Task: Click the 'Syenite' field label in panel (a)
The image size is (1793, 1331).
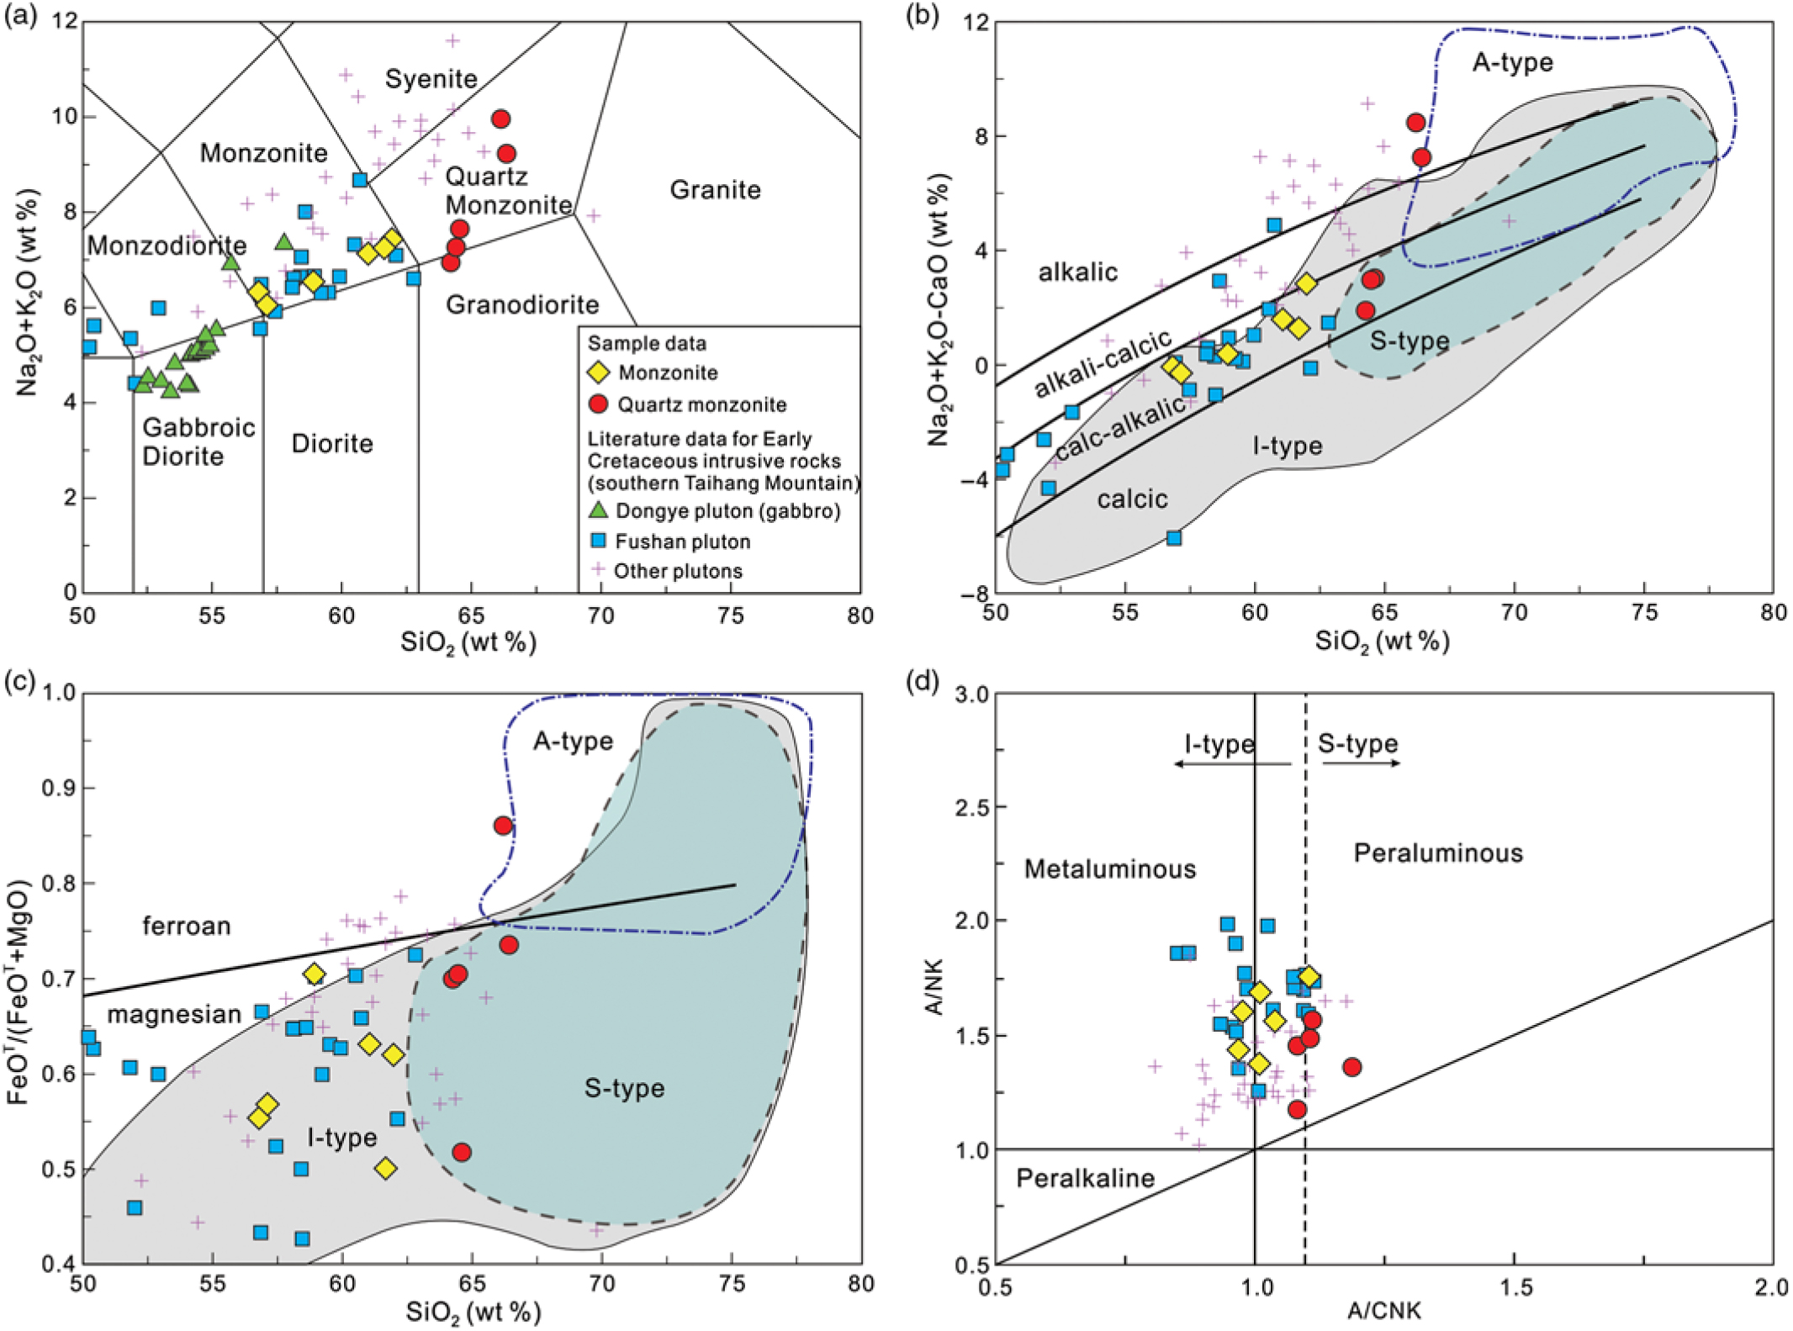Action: point(431,79)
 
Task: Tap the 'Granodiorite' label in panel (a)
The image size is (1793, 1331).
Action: point(522,304)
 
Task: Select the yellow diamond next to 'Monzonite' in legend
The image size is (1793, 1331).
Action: point(598,372)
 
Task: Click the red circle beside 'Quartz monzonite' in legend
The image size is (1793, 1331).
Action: point(598,404)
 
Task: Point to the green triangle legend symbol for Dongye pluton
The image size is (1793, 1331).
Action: point(598,510)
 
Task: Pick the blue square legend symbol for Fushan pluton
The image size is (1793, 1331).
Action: point(598,541)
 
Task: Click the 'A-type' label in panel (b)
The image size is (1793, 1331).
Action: point(1512,62)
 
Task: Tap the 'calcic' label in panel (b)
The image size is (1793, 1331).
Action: point(1132,499)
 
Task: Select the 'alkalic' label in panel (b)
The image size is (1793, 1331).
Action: point(1077,272)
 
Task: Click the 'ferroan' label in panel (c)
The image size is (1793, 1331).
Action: point(186,926)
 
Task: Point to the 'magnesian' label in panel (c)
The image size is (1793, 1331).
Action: point(174,1015)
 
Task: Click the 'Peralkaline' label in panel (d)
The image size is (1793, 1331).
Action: point(1085,1178)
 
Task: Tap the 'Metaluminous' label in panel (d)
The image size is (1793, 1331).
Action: point(1109,869)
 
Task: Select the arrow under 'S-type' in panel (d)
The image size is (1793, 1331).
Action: point(1361,763)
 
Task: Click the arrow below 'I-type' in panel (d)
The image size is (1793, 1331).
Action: point(1231,763)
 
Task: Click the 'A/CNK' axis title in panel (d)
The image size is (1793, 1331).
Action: point(1383,1310)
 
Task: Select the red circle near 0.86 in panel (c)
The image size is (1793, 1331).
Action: point(503,826)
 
